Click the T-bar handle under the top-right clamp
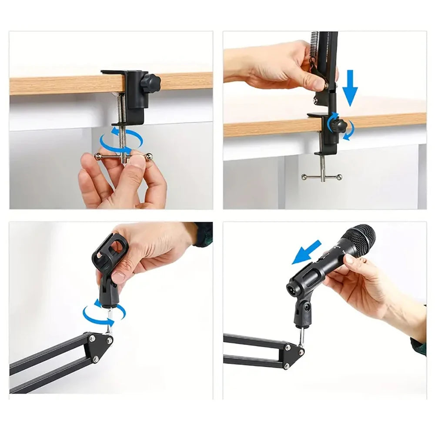322,176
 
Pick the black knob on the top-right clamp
338,126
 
